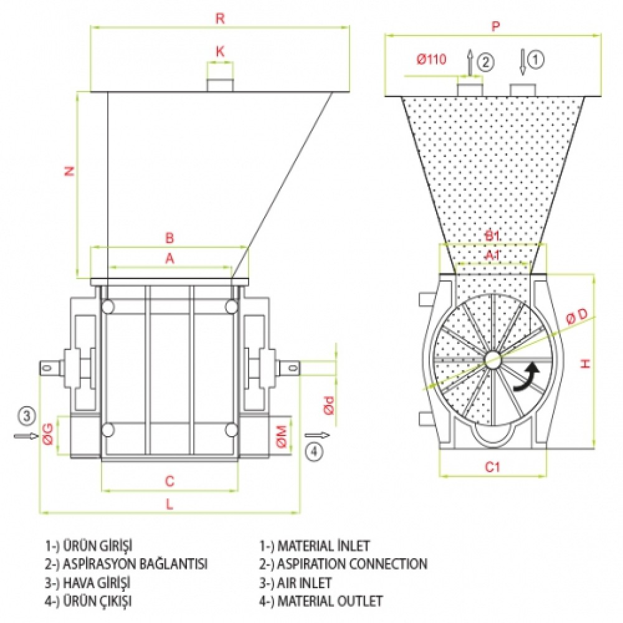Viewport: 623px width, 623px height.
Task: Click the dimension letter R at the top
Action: click(219, 18)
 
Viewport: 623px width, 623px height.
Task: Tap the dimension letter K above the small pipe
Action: click(220, 52)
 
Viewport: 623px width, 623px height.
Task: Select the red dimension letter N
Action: click(70, 171)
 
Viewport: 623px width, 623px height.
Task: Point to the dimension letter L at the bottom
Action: click(169, 505)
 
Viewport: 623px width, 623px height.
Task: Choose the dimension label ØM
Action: click(282, 435)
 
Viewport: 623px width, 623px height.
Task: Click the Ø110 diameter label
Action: click(432, 60)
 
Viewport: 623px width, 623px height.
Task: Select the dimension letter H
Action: click(585, 363)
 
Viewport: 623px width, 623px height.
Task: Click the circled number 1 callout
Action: click(536, 59)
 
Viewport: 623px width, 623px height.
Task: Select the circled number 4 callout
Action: click(316, 451)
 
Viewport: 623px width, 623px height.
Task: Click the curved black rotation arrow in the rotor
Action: click(526, 379)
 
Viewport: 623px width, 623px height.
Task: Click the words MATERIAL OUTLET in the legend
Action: click(330, 601)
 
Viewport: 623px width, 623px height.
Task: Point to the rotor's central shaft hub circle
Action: click(493, 358)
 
